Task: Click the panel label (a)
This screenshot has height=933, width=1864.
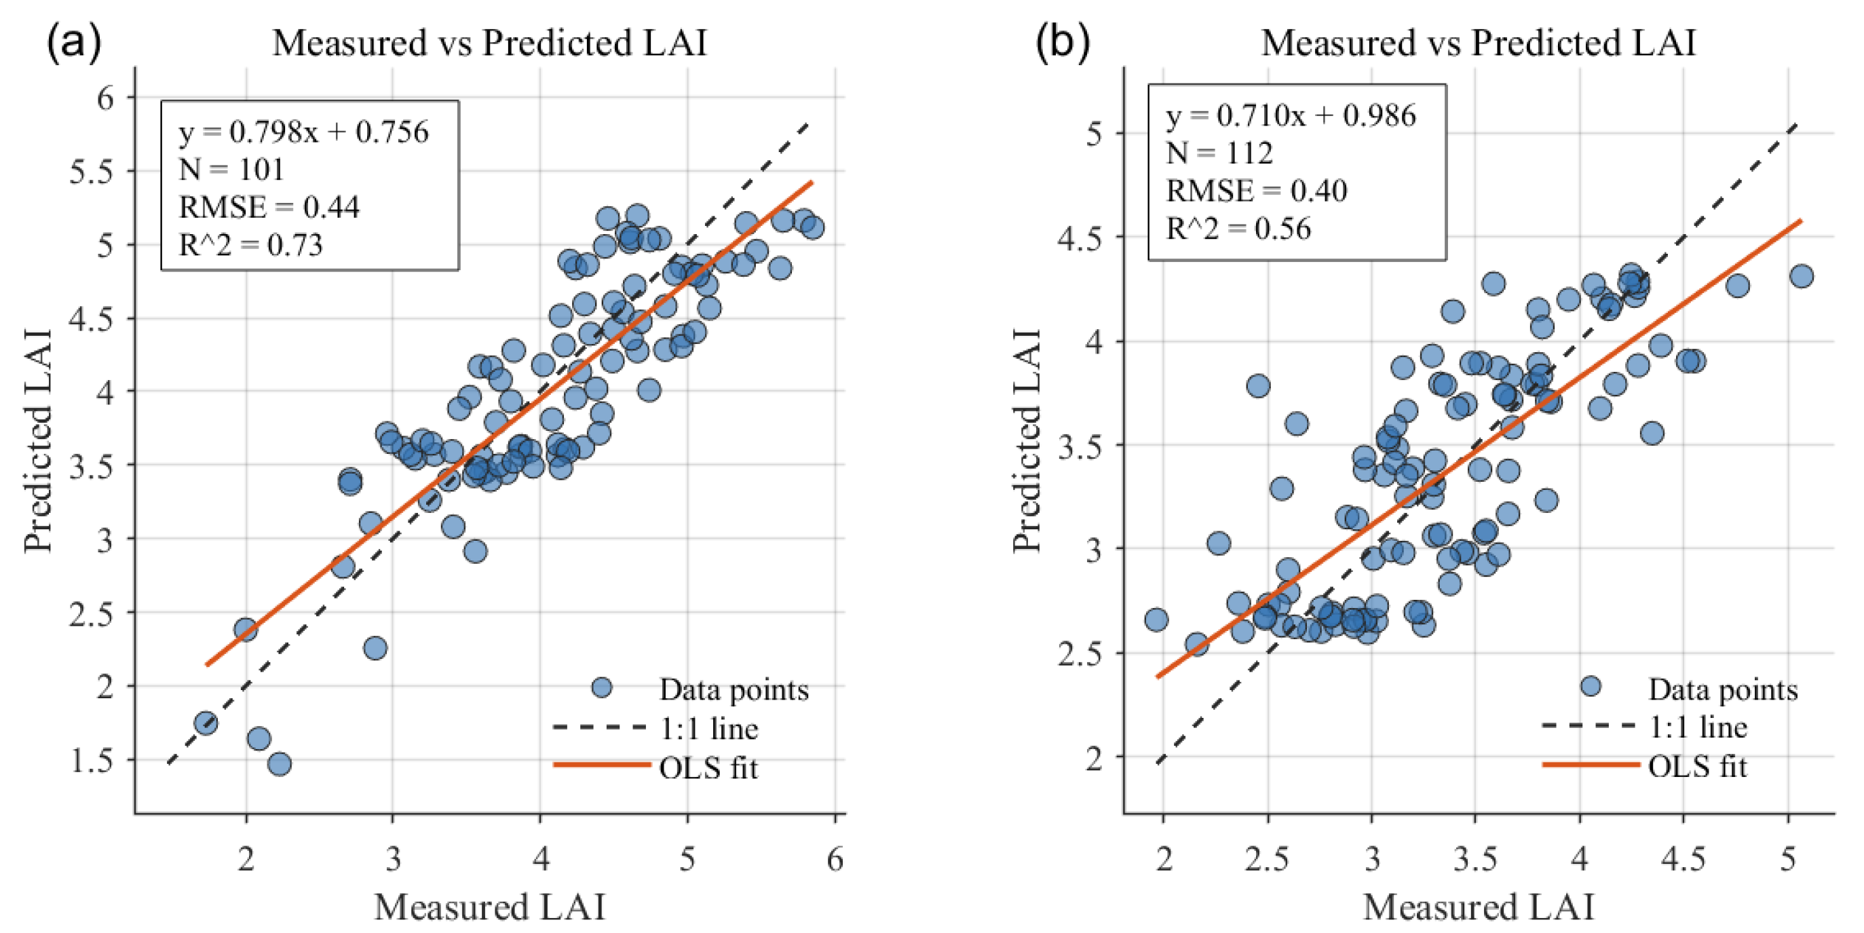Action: (x=73, y=42)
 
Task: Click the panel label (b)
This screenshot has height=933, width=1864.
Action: (x=1062, y=42)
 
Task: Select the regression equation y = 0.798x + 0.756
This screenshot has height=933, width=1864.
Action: (x=303, y=132)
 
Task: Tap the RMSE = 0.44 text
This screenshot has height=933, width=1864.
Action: (x=269, y=207)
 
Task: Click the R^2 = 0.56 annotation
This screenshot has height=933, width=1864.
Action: (x=1238, y=228)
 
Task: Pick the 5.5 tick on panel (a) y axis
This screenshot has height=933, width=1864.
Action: (x=91, y=172)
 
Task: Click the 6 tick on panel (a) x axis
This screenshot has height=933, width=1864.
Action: (x=835, y=860)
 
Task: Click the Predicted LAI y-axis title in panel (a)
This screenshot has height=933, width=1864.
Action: (x=37, y=442)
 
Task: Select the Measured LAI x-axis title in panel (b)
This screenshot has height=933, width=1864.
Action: (x=1479, y=907)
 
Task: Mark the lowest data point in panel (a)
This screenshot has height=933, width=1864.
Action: (x=280, y=763)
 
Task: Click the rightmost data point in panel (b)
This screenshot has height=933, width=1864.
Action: (x=1801, y=275)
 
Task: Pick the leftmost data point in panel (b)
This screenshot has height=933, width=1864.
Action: (x=1156, y=620)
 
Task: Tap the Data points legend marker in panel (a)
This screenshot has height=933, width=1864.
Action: (x=601, y=687)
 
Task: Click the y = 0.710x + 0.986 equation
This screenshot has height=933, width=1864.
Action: (x=1290, y=115)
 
